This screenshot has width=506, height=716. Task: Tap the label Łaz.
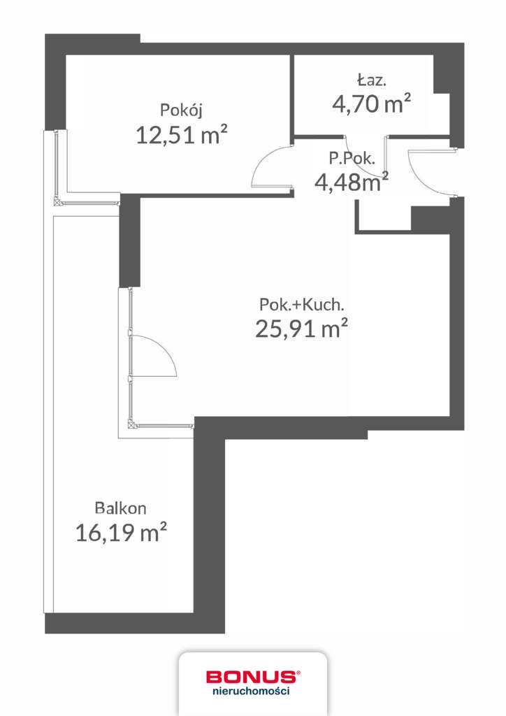coord(370,79)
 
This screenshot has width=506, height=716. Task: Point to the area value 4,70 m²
coord(370,104)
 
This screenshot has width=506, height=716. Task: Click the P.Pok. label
coord(356,158)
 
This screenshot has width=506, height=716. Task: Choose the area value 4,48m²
coord(352,182)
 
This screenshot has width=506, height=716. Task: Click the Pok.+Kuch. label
coord(301,305)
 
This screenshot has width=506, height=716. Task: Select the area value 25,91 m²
coord(301,329)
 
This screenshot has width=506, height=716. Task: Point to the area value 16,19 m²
coord(121,534)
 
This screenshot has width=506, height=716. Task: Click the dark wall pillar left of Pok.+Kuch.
coord(130,241)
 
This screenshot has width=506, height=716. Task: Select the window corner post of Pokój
coord(57,203)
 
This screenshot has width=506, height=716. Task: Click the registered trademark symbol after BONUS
coord(298,673)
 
